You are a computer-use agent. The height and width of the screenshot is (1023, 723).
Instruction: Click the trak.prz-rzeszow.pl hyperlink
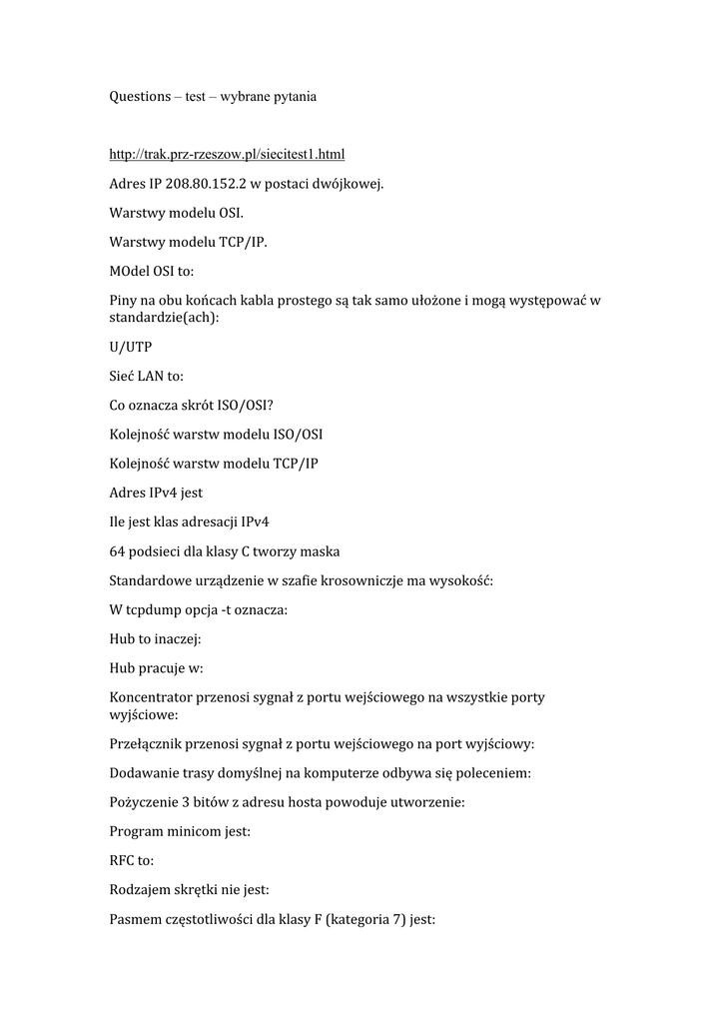pyautogui.click(x=227, y=155)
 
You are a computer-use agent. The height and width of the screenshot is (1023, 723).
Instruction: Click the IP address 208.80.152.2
pyautogui.click(x=205, y=184)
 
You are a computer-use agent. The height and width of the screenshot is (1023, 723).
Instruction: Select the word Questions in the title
pyautogui.click(x=140, y=97)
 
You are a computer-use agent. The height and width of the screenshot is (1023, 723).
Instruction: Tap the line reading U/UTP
pyautogui.click(x=130, y=347)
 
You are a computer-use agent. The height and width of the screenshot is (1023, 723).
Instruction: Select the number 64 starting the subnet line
pyautogui.click(x=118, y=550)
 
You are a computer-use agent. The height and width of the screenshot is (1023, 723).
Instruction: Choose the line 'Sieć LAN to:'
pyautogui.click(x=146, y=377)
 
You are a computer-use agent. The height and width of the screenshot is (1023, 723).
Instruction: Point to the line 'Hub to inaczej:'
pyautogui.click(x=155, y=637)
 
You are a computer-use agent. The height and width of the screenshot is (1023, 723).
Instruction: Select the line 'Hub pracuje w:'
pyautogui.click(x=156, y=666)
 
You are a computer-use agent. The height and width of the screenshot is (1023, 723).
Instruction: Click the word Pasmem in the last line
pyautogui.click(x=138, y=918)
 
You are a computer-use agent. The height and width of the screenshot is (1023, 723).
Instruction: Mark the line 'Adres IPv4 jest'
pyautogui.click(x=156, y=493)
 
